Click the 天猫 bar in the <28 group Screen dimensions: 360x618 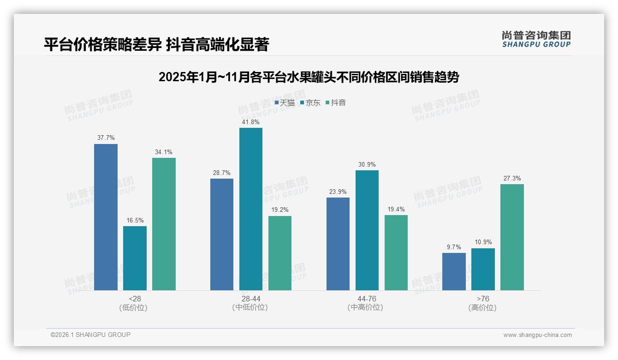[x=106, y=217]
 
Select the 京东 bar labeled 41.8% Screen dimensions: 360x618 [x=250, y=209]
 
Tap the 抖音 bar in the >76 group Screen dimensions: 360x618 [x=512, y=237]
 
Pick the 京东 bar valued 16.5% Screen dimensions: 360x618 [x=135, y=258]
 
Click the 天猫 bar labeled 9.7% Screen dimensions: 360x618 [x=454, y=271]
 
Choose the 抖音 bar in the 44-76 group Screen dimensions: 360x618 [x=396, y=252]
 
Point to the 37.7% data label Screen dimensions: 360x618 [x=106, y=138]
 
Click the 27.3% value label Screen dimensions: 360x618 [x=512, y=178]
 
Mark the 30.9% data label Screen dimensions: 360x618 [x=367, y=164]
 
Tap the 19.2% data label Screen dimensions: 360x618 [x=279, y=210]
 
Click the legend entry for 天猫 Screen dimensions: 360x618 [x=285, y=103]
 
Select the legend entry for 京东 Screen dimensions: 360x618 [x=310, y=103]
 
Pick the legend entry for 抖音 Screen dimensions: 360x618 [x=336, y=103]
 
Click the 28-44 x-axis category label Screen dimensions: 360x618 [x=250, y=299]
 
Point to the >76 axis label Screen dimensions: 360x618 [x=483, y=299]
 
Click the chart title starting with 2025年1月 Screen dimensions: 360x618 [x=309, y=77]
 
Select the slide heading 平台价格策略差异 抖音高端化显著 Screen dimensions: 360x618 [x=156, y=44]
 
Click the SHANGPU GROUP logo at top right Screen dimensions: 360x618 [x=536, y=39]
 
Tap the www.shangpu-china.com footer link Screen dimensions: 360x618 [x=537, y=335]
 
